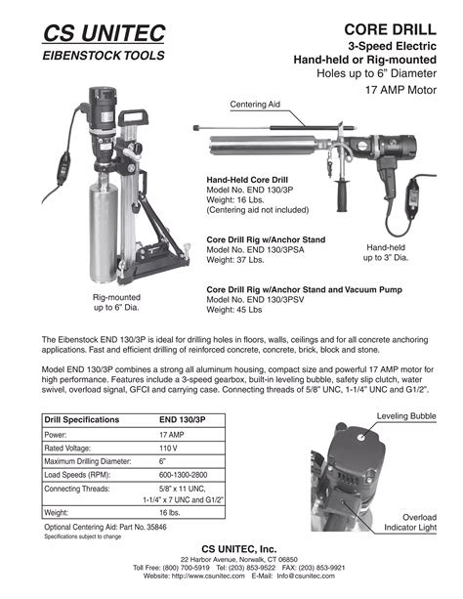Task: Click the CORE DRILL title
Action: pyautogui.click(x=396, y=29)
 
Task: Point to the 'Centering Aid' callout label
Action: pyautogui.click(x=255, y=104)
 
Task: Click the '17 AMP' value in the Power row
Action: pyautogui.click(x=172, y=435)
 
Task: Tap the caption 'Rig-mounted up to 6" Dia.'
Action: pyautogui.click(x=116, y=302)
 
